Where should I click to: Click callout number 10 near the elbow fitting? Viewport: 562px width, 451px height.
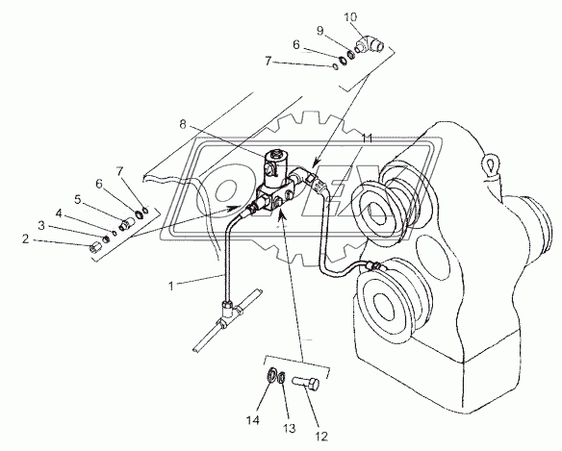[350, 17]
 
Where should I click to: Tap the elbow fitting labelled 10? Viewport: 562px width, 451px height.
[370, 44]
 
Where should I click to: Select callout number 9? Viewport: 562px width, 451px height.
[319, 31]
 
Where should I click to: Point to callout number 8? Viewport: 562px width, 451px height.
[183, 124]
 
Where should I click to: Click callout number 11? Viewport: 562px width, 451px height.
[367, 138]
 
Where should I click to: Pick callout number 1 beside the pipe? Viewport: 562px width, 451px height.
[171, 287]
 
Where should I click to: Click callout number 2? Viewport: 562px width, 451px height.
[25, 238]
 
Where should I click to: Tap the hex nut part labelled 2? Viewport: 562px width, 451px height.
[95, 247]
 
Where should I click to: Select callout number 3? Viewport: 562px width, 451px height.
[41, 226]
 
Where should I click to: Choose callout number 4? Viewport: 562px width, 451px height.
[59, 213]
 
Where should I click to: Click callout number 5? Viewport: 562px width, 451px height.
[78, 199]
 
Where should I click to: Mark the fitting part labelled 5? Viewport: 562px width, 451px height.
[125, 225]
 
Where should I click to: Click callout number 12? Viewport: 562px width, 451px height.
[321, 437]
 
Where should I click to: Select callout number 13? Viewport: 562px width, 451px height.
[289, 428]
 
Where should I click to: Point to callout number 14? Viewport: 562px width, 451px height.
[252, 420]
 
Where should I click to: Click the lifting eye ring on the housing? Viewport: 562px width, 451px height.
[490, 164]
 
